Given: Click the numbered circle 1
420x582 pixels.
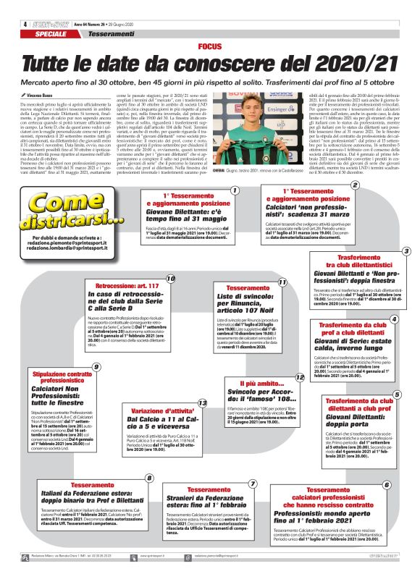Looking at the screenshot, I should tap(235, 190).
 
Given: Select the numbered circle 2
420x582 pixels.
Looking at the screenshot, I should tap(355, 185).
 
